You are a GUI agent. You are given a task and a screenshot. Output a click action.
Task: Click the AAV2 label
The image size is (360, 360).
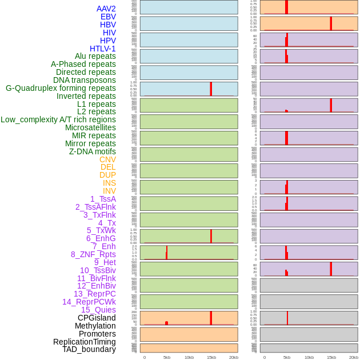pyautogui.click(x=106, y=9)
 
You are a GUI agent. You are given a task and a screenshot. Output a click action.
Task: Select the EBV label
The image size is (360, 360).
pyautogui.click(x=108, y=17)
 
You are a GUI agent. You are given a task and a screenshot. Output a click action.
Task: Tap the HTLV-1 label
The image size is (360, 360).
pyautogui.click(x=102, y=49)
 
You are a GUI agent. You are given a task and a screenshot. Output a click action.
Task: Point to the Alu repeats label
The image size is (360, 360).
pyautogui.click(x=95, y=56)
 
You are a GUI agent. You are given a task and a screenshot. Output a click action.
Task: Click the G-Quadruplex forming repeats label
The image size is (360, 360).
pyautogui.click(x=61, y=88)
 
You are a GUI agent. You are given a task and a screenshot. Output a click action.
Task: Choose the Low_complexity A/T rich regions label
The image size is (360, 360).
pyautogui.click(x=58, y=119)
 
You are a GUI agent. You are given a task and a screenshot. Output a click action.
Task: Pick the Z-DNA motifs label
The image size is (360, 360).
pyautogui.click(x=93, y=151)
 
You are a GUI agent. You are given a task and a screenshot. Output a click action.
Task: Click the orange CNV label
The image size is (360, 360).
pyautogui.click(x=107, y=159)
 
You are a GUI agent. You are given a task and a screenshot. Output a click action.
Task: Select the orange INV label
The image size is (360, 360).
pyautogui.click(x=109, y=191)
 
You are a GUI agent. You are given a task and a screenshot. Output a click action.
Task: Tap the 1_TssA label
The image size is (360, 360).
pyautogui.click(x=103, y=199)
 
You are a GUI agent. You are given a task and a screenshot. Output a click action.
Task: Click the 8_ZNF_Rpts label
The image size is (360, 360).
pyautogui.click(x=93, y=254)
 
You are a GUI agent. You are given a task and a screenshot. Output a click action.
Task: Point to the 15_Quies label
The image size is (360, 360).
pyautogui.click(x=98, y=310)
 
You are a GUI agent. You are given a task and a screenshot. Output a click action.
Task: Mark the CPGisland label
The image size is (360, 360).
pyautogui.click(x=97, y=318)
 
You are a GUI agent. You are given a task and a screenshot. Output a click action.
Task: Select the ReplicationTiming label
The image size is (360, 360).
pyautogui.click(x=85, y=342)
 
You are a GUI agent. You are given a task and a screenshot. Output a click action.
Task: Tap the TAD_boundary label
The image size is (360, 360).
pyautogui.click(x=89, y=349)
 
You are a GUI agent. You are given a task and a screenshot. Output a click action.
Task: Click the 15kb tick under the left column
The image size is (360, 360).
pyautogui.click(x=211, y=357)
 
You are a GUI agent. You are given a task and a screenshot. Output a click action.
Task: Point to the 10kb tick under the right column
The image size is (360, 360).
pyautogui.click(x=309, y=357)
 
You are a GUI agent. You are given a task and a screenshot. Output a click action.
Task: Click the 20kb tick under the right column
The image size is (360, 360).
pyautogui.click(x=354, y=357)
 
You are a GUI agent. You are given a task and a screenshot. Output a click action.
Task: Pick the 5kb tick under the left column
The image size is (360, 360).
pyautogui.click(x=166, y=357)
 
